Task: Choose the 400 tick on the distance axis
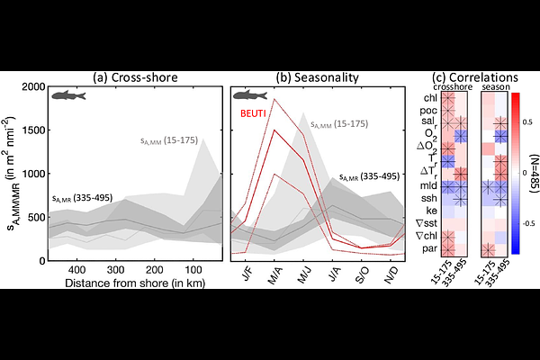click(76, 270)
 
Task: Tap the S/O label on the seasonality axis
click(364, 270)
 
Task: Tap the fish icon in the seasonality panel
click(255, 95)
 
